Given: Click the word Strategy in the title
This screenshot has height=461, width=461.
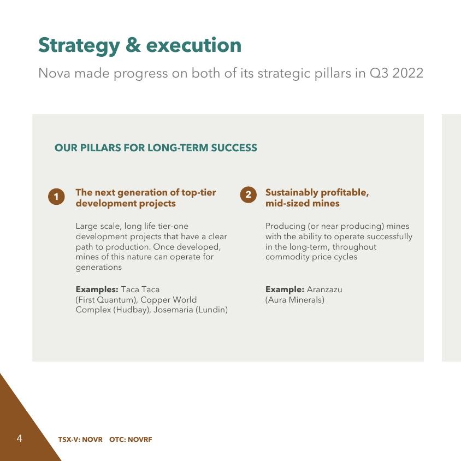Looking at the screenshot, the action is pyautogui.click(x=79, y=46).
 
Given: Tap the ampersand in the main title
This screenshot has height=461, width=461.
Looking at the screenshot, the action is pyautogui.click(x=133, y=45).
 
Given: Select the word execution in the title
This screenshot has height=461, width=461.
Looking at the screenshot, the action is pyautogui.click(x=194, y=45).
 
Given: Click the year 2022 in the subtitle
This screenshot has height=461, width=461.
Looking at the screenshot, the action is pyautogui.click(x=408, y=73).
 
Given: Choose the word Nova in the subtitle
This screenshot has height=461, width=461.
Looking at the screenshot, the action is pyautogui.click(x=55, y=73).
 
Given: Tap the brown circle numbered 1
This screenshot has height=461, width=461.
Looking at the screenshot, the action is pyautogui.click(x=56, y=197).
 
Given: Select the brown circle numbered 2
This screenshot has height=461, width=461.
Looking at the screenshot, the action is pyautogui.click(x=249, y=194).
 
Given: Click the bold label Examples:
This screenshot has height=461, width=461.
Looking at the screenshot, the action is pyautogui.click(x=97, y=289).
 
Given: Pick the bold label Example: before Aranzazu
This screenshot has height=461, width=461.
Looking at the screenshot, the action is pyautogui.click(x=285, y=289).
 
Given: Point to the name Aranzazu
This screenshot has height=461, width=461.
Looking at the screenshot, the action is pyautogui.click(x=324, y=289).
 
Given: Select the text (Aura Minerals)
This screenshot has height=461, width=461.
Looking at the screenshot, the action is pyautogui.click(x=295, y=300).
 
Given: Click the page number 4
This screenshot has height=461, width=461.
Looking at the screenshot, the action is pyautogui.click(x=20, y=439).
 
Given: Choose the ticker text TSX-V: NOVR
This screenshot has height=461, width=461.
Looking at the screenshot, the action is pyautogui.click(x=80, y=440).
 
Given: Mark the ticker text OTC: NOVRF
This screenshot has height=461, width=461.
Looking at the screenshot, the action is pyautogui.click(x=131, y=440).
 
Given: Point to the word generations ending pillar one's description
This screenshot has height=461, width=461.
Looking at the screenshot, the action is pyautogui.click(x=99, y=268).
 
